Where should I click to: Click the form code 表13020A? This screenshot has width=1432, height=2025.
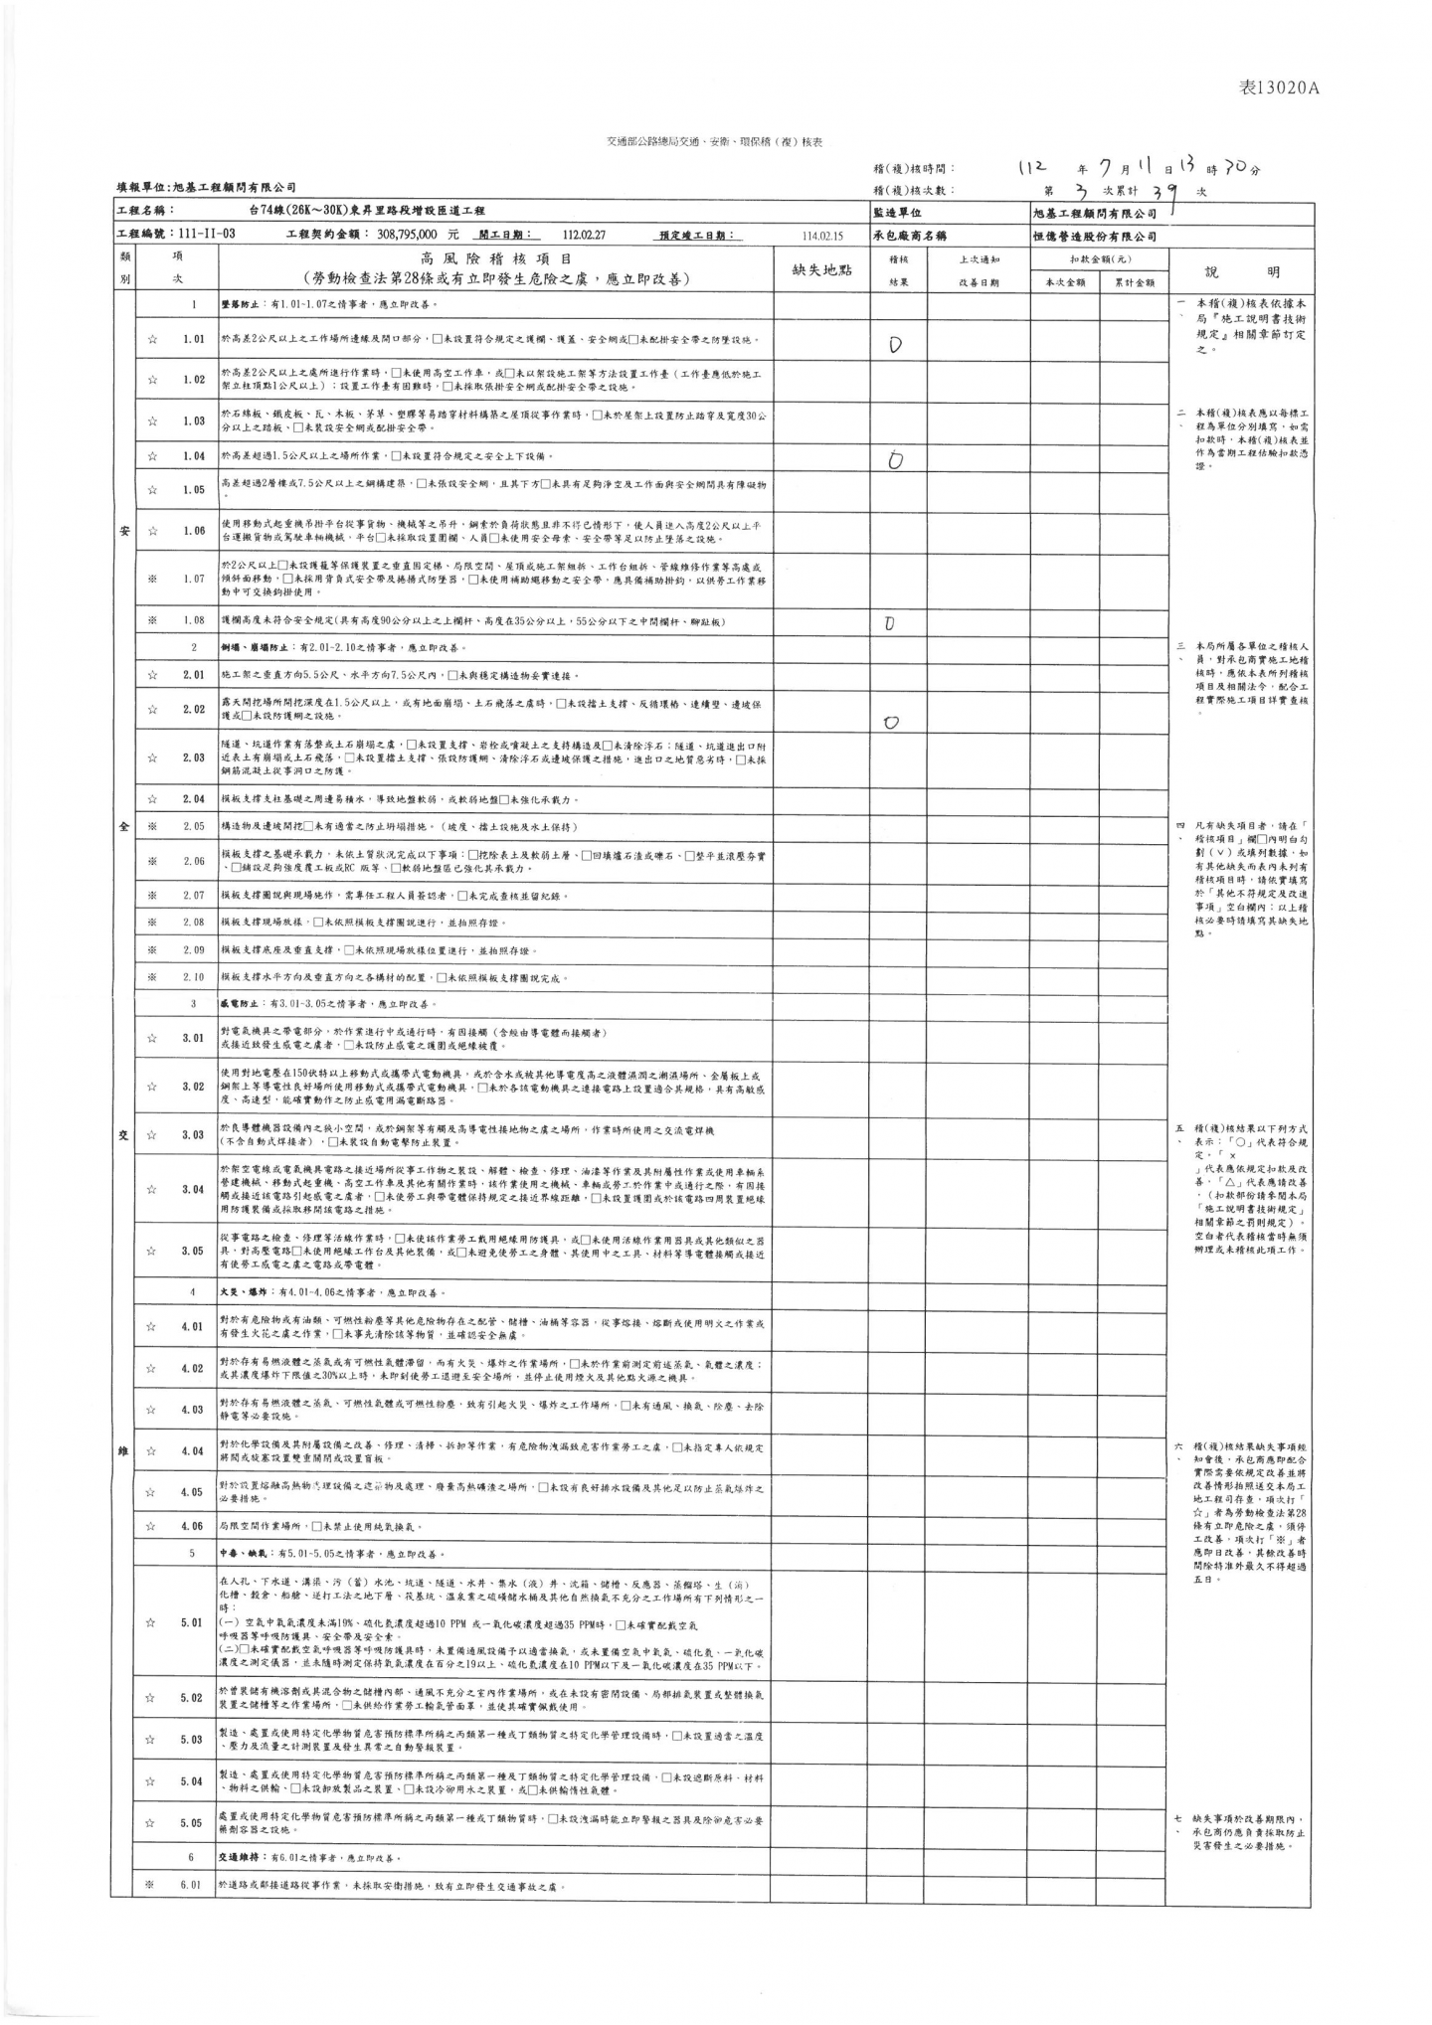pos(1278,87)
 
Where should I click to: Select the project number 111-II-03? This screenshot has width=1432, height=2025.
pos(207,236)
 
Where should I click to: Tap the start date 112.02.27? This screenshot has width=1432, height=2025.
pos(584,236)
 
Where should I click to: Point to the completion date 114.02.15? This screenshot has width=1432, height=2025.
pos(821,237)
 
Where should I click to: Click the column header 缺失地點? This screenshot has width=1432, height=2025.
pos(821,269)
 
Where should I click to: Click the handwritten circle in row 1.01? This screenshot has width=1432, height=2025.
pos(895,346)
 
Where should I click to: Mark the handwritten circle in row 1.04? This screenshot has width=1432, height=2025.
pos(896,459)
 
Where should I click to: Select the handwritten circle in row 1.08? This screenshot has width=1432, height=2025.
pos(889,624)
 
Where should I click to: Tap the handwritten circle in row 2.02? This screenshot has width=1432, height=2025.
pos(891,723)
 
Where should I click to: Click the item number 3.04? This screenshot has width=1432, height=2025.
pos(193,1189)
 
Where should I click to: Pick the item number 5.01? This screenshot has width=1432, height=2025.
pos(193,1622)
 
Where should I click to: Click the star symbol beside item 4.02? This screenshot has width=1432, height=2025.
pos(152,1369)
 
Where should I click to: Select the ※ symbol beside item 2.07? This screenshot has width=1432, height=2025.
pos(152,896)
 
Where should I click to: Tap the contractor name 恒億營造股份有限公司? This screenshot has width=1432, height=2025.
pos(1095,237)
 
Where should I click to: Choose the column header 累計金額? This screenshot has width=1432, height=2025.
pos(1134,282)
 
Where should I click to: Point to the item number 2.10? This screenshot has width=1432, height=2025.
pos(193,977)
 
